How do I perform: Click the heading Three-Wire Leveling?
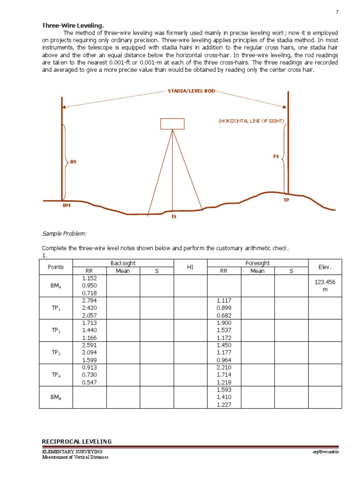coord(73,25)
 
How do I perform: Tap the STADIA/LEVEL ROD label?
coord(191,91)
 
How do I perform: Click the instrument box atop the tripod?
coord(172,124)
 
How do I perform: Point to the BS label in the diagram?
coord(73,162)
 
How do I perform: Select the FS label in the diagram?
coord(276,157)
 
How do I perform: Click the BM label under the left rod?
coord(66,205)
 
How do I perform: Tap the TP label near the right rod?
coord(286,200)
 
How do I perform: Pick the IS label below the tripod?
coord(173,217)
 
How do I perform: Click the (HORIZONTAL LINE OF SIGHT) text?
coord(251,121)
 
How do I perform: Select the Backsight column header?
coord(123,263)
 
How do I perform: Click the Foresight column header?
coord(257,263)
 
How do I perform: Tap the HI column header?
coord(190,267)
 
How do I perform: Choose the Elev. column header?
coord(325,267)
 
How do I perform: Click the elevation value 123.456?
coord(325,282)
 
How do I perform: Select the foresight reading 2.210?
coord(224,367)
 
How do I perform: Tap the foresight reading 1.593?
coord(224,390)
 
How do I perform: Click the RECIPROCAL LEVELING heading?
coord(77,442)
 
